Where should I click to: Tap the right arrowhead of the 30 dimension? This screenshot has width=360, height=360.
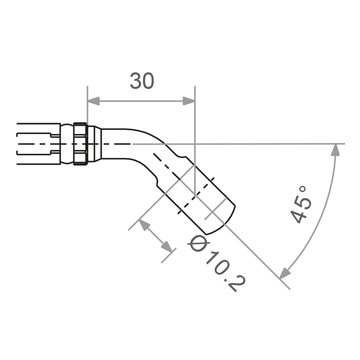[x=188, y=101]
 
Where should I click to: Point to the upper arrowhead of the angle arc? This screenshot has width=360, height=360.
[x=336, y=149]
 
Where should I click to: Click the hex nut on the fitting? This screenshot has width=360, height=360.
[x=80, y=144]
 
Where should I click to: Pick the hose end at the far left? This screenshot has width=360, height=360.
[x=36, y=144]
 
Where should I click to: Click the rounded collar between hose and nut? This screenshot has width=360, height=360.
[x=67, y=144]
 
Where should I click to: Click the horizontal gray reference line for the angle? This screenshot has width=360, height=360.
[x=252, y=144]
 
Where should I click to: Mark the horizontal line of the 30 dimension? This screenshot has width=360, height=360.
[x=140, y=101]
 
